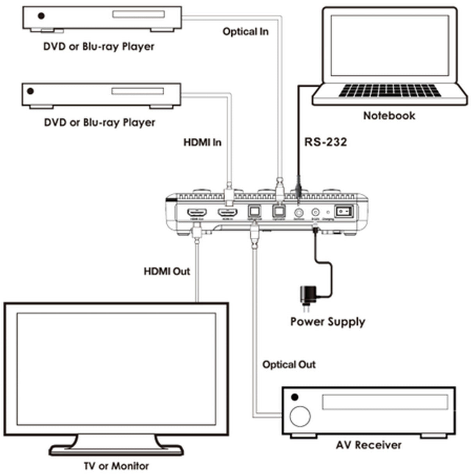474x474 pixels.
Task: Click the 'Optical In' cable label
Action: tap(246, 32)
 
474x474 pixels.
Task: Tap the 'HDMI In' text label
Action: tap(202, 142)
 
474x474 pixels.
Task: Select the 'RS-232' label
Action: tap(325, 142)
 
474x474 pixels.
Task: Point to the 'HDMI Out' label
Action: tap(167, 271)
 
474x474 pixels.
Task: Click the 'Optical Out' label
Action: tap(289, 365)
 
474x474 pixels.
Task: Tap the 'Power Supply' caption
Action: tap(328, 322)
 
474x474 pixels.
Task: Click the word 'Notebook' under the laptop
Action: tap(389, 116)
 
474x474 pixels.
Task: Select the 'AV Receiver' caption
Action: tap(368, 445)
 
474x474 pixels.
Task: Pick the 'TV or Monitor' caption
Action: tap(116, 466)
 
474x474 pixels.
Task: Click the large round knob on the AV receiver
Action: tap(300, 416)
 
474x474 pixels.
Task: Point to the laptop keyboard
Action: tap(389, 91)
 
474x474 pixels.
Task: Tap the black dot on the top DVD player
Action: tap(41, 16)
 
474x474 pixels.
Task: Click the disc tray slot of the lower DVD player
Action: tap(137, 91)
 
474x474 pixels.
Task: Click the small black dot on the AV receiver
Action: tap(295, 397)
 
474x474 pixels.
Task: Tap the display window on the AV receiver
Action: tap(385, 402)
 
